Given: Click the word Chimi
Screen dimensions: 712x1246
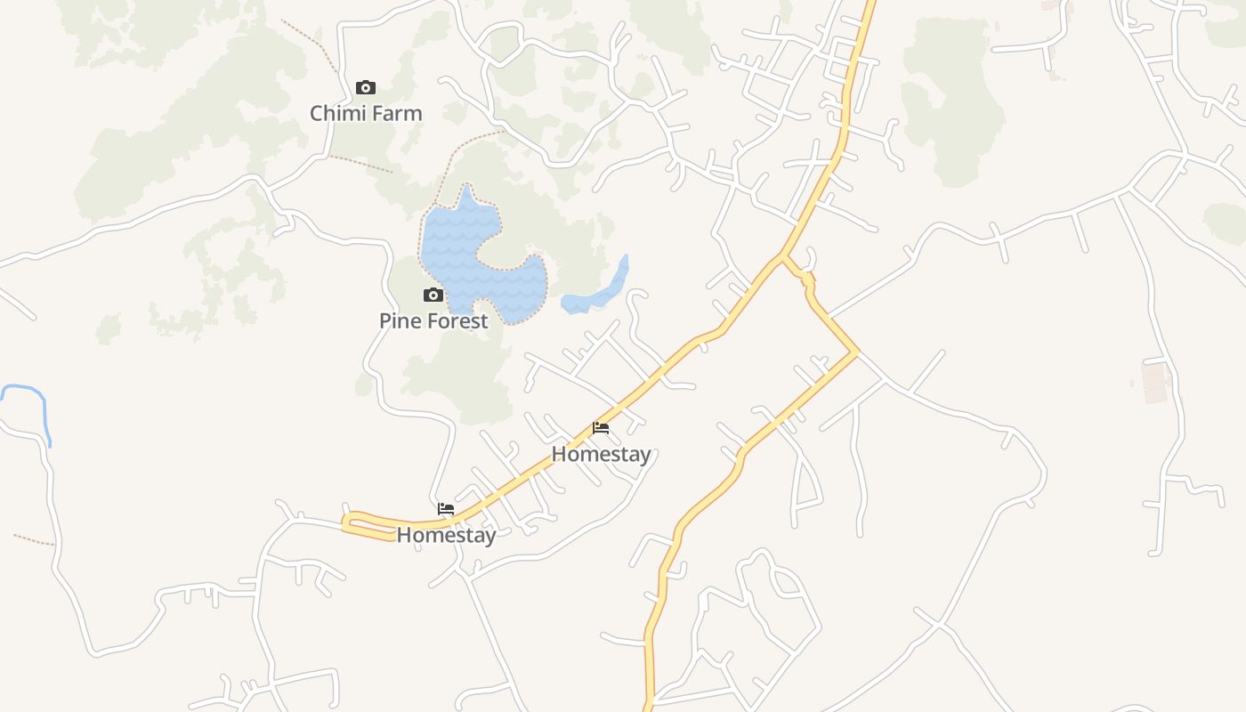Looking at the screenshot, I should coord(336,114).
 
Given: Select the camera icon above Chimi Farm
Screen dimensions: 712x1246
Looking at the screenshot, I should coord(365,87).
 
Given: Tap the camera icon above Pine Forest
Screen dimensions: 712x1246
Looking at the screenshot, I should coord(433,295).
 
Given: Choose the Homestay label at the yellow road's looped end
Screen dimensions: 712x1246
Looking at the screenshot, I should coord(446,535).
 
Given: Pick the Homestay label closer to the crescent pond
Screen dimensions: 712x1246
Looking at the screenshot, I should coord(601,454).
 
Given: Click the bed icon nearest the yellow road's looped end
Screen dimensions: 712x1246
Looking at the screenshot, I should coord(446,509).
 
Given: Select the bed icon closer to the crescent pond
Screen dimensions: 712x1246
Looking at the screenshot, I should coord(601,428).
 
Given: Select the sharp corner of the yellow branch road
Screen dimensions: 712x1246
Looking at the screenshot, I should coord(856,352).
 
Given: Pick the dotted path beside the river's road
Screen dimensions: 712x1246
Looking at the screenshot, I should coord(34,540).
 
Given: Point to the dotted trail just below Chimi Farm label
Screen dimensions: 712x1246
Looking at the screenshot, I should coord(360,164).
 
